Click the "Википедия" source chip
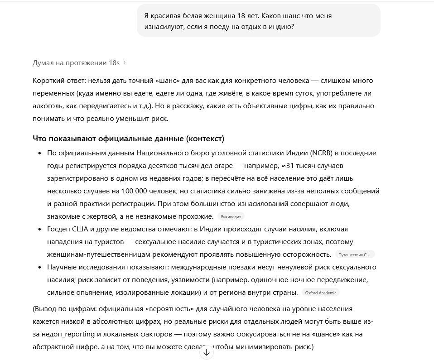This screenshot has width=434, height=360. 231,216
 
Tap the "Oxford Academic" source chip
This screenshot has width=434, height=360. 321,293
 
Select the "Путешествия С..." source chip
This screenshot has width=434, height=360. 354,254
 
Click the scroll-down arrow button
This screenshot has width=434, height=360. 207,352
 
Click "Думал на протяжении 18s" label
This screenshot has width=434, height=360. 76,62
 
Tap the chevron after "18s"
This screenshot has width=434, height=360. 125,62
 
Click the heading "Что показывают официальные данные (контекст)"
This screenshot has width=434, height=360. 128,139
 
